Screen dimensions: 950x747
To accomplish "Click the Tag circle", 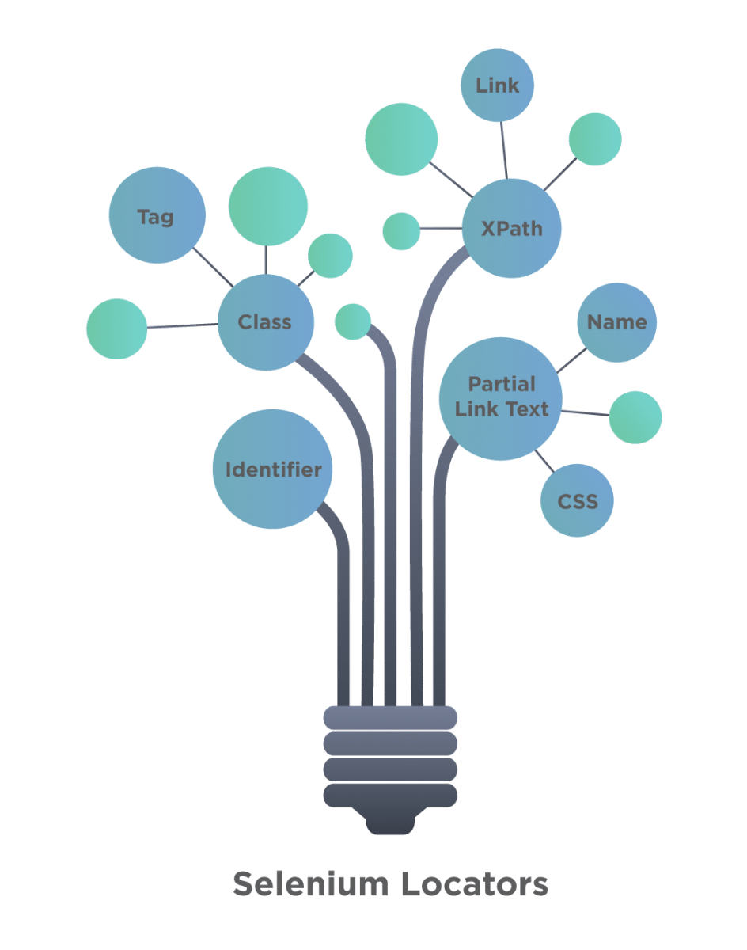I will pos(157,215).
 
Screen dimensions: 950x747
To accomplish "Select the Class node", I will pos(266,322).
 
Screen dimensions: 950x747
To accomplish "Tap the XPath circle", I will pos(512,228).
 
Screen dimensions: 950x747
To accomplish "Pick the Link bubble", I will pos(497,85).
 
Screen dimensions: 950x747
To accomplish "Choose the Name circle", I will pos(616,322).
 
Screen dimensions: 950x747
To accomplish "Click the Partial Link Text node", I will pos(501,397).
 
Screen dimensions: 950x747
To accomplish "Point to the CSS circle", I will pos(577,500).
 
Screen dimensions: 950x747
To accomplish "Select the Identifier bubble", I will pos(273,469).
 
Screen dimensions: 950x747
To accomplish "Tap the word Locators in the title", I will pos(475,884).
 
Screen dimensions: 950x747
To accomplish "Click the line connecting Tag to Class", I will pos(212,268).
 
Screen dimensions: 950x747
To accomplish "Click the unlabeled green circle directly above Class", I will pos(268,206).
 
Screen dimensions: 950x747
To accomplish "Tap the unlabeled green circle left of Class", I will pos(117,329).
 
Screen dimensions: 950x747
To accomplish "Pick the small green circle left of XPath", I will pos(401,231).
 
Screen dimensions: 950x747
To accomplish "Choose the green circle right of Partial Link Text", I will pos(635,417).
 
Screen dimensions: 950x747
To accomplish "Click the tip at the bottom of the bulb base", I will pos(390,825).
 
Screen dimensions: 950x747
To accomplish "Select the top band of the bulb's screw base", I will pos(390,718).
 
